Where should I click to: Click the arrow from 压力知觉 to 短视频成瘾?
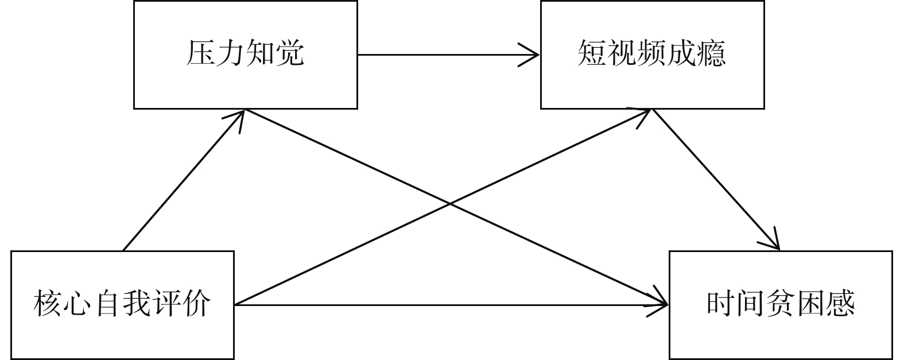tap(448, 55)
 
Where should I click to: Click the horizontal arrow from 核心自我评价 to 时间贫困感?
tap(448, 304)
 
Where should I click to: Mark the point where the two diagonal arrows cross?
tap(450, 203)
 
